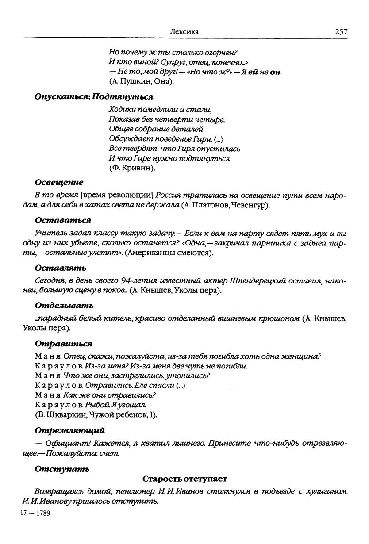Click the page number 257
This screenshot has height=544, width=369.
pyautogui.click(x=341, y=32)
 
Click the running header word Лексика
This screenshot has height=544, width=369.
pyautogui.click(x=184, y=32)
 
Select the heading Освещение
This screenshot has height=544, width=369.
pyautogui.click(x=59, y=182)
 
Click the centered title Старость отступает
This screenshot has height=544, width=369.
pyautogui.click(x=184, y=479)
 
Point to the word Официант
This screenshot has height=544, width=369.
pyautogui.click(x=61, y=443)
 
